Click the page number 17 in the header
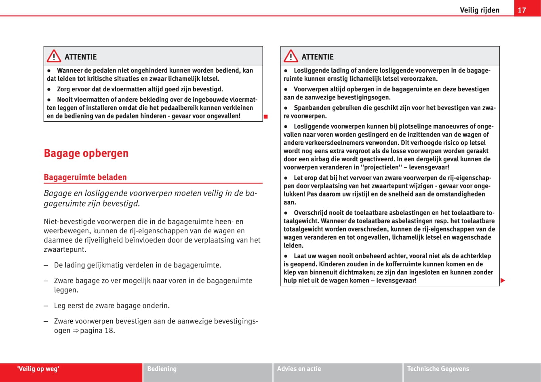coord(522,10)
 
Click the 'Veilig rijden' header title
coord(479,10)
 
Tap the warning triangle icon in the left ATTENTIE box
coord(54,57)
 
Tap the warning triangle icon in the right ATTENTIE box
coord(290,57)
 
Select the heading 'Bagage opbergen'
coord(86,153)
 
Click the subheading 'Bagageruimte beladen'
coord(85,177)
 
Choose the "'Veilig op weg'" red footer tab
coord(38,369)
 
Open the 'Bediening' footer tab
coord(162,369)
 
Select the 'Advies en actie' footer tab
coord(299,369)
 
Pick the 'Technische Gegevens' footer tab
coord(438,369)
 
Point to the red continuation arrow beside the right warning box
coord(503,281)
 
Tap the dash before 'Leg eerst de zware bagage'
coord(46,306)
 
